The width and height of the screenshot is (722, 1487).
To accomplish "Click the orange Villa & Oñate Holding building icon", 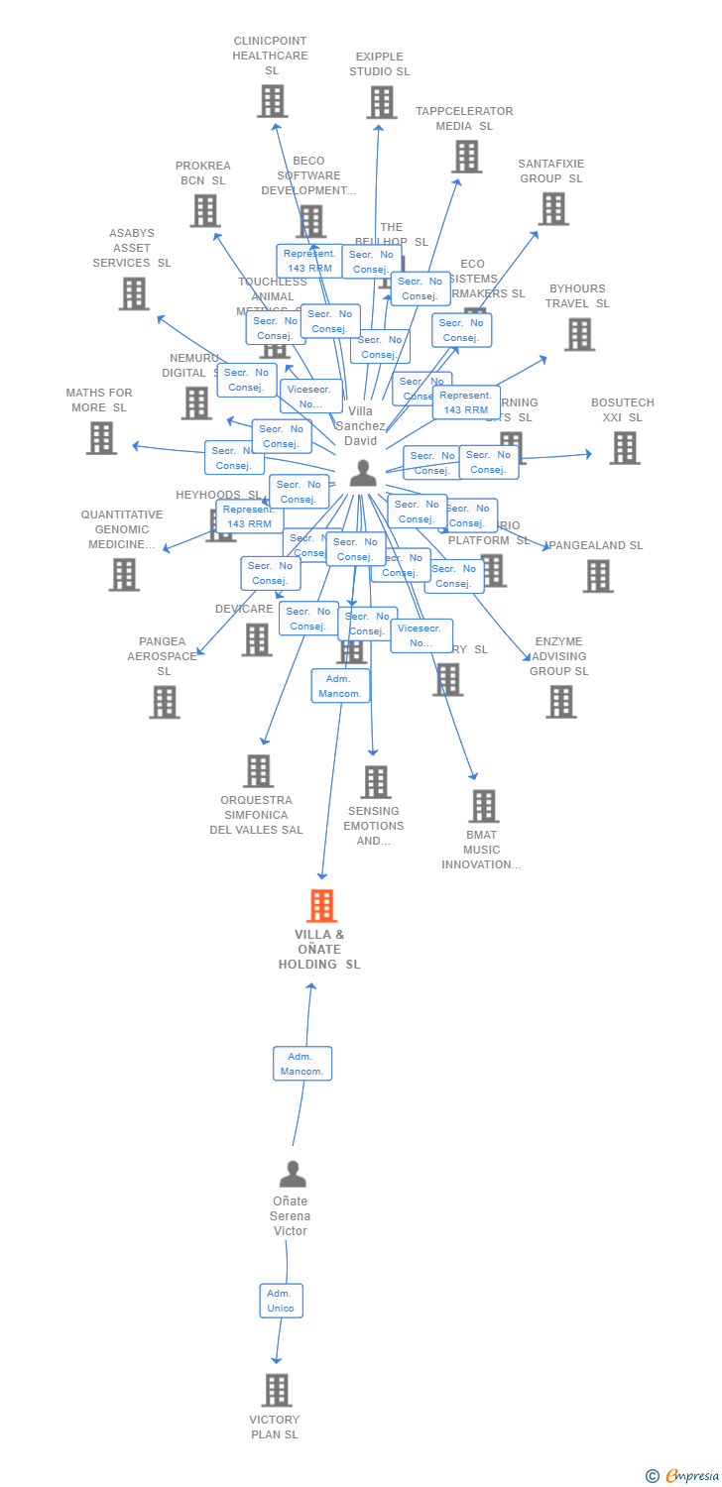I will [321, 906].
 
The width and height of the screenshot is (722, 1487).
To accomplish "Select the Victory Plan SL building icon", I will [277, 1390].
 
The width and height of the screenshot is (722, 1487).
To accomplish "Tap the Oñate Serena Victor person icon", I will [293, 1174].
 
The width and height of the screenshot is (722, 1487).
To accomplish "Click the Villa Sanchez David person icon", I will [363, 474].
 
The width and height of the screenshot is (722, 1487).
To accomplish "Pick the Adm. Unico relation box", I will [281, 1301].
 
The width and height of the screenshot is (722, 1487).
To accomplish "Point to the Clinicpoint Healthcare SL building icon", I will [273, 101].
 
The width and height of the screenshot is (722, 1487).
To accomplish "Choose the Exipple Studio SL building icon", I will [382, 102].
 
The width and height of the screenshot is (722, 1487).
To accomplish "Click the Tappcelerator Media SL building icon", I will [466, 157].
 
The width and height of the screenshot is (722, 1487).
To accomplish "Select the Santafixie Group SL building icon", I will [552, 209].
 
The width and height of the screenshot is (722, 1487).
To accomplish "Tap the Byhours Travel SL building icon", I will [579, 334].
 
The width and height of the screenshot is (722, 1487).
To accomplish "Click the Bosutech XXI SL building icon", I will [624, 448].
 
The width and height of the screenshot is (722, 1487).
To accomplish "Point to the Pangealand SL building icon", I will [597, 576].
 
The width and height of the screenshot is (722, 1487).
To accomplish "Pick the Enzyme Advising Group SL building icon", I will [560, 702].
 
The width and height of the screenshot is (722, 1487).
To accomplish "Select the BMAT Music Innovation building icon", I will [483, 806].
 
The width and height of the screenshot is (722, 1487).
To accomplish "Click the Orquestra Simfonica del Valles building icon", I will [258, 770].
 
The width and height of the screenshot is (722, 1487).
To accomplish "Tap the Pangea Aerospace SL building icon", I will [164, 702].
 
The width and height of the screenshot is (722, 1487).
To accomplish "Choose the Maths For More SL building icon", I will [101, 438].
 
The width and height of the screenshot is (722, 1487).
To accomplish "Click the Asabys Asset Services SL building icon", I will [134, 293].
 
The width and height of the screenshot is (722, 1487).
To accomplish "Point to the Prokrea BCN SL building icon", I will [205, 210].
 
